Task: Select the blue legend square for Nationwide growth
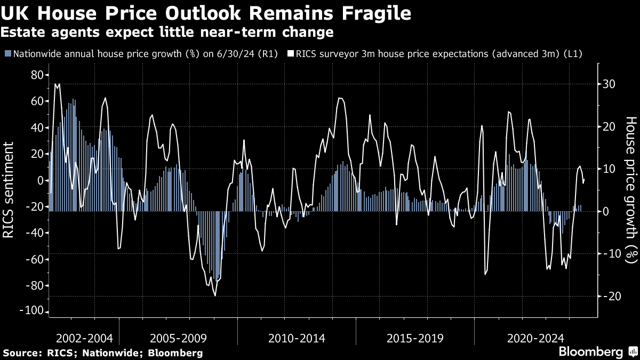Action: point(7,54)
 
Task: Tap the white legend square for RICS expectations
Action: point(291,54)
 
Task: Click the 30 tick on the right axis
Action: point(610,84)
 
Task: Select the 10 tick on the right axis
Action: point(610,169)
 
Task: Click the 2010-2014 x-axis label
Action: point(297,338)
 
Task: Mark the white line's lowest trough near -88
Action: point(215,295)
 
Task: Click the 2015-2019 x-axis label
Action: point(415,338)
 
